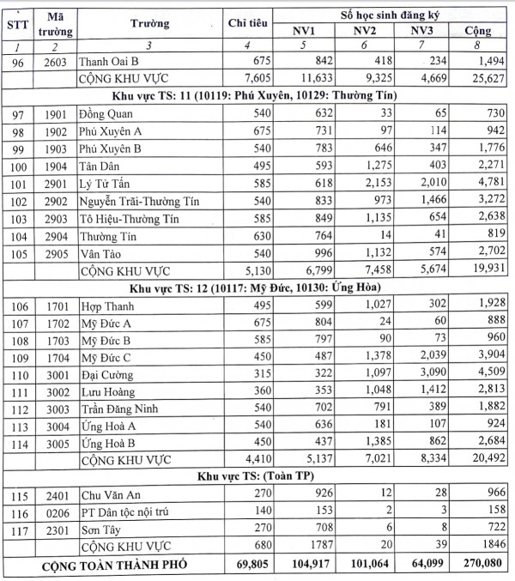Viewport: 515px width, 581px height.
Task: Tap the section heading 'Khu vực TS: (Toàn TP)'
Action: pyautogui.click(x=257, y=477)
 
